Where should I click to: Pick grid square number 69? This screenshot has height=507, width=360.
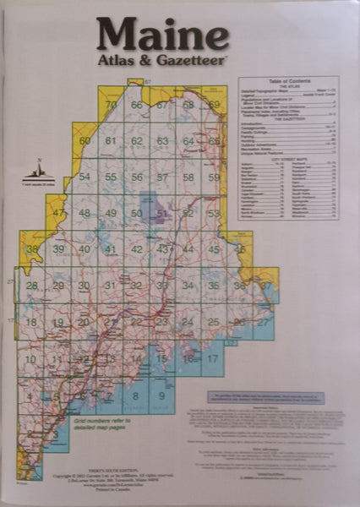(x=215, y=105)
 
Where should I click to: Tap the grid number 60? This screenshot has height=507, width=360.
(x=85, y=140)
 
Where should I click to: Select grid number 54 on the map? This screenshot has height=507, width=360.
(x=85, y=177)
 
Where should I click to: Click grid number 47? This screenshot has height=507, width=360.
(x=58, y=212)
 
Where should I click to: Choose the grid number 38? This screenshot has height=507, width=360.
(x=33, y=249)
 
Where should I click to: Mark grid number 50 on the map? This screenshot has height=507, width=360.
(x=137, y=213)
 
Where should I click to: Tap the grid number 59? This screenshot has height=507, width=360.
(x=215, y=177)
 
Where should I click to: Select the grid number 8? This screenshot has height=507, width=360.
(x=135, y=395)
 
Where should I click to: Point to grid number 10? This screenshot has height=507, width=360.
(x=31, y=359)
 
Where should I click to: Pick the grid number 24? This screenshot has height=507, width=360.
(x=188, y=322)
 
